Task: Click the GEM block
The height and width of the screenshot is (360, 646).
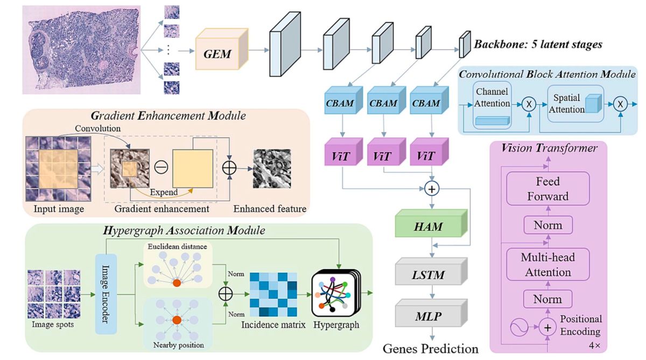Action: pos(222,49)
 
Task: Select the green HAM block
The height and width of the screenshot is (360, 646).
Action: pos(431,223)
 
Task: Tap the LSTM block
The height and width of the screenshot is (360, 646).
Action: pos(431,272)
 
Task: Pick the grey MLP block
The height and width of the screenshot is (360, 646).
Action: pos(431,313)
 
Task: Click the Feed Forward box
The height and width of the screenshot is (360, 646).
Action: pos(547,189)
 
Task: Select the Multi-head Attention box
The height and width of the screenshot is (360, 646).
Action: pos(547,264)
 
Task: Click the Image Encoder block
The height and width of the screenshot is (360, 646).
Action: pos(106,294)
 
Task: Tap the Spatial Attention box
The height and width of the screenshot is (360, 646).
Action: pos(575,104)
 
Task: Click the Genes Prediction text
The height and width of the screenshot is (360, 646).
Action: pos(430,349)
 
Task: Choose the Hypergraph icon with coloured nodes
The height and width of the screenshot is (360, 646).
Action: pos(336,293)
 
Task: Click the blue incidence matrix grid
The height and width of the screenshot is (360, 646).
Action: pos(273,294)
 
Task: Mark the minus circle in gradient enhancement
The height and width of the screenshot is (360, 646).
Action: pos(161,167)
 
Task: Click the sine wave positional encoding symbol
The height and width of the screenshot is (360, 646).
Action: pos(519,327)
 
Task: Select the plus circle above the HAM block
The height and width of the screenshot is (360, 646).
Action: pos(432,189)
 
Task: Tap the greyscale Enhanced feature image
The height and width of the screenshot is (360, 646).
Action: pos(272,168)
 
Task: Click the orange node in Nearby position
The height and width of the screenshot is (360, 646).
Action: pos(177,320)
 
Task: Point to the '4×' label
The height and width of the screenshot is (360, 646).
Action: pos(594,345)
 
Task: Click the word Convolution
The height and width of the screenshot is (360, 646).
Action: pos(97,128)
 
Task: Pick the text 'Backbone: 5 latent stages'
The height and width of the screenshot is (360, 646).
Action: pos(538,44)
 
